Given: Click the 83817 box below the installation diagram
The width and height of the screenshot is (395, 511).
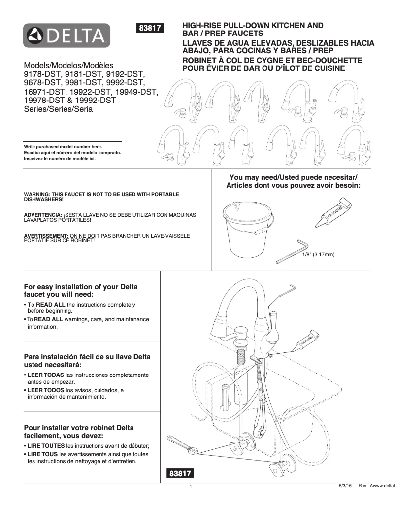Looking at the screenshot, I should [x=180, y=474].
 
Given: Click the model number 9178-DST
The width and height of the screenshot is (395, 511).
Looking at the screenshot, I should [x=41, y=74].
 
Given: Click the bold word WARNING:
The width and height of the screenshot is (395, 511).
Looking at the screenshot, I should [x=39, y=194].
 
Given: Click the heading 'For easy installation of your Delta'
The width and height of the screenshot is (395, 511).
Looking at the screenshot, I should [x=81, y=287].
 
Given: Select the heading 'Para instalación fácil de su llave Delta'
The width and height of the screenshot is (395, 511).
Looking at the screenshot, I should [x=87, y=357].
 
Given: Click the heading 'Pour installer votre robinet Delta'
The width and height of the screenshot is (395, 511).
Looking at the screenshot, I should [x=79, y=428].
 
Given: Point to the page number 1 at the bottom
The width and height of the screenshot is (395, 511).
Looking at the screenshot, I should [x=190, y=488].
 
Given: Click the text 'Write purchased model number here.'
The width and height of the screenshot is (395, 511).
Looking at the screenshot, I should [x=63, y=147].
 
